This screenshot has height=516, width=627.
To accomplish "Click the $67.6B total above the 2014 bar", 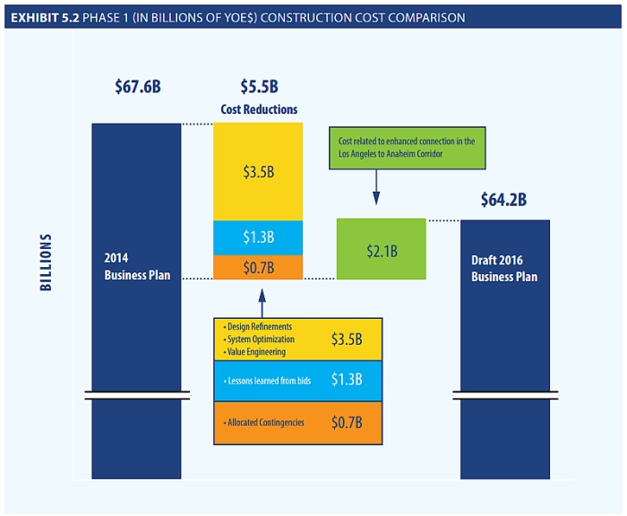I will pos(137,87).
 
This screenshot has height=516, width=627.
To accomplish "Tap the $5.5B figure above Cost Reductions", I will pos(259,87).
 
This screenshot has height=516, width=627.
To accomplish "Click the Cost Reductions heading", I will pos(259,109).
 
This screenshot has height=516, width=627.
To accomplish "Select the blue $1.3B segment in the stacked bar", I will pos(258,237).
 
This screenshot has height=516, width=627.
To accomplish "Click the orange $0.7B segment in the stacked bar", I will pos(258,267).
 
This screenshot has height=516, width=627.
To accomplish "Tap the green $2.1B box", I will pos(382,250).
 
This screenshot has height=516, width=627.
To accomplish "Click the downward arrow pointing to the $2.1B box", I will pos(375,189).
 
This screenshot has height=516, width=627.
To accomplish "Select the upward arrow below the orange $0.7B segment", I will pos(262,300).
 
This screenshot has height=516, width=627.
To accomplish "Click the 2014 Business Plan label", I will pos(137,267).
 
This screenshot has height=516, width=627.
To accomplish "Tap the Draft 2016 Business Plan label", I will pos(504,269).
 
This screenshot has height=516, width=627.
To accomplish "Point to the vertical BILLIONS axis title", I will pos(46,262).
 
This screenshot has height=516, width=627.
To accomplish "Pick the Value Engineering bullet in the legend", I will pos(255,352).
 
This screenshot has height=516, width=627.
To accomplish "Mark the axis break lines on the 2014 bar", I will pos(137,394).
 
